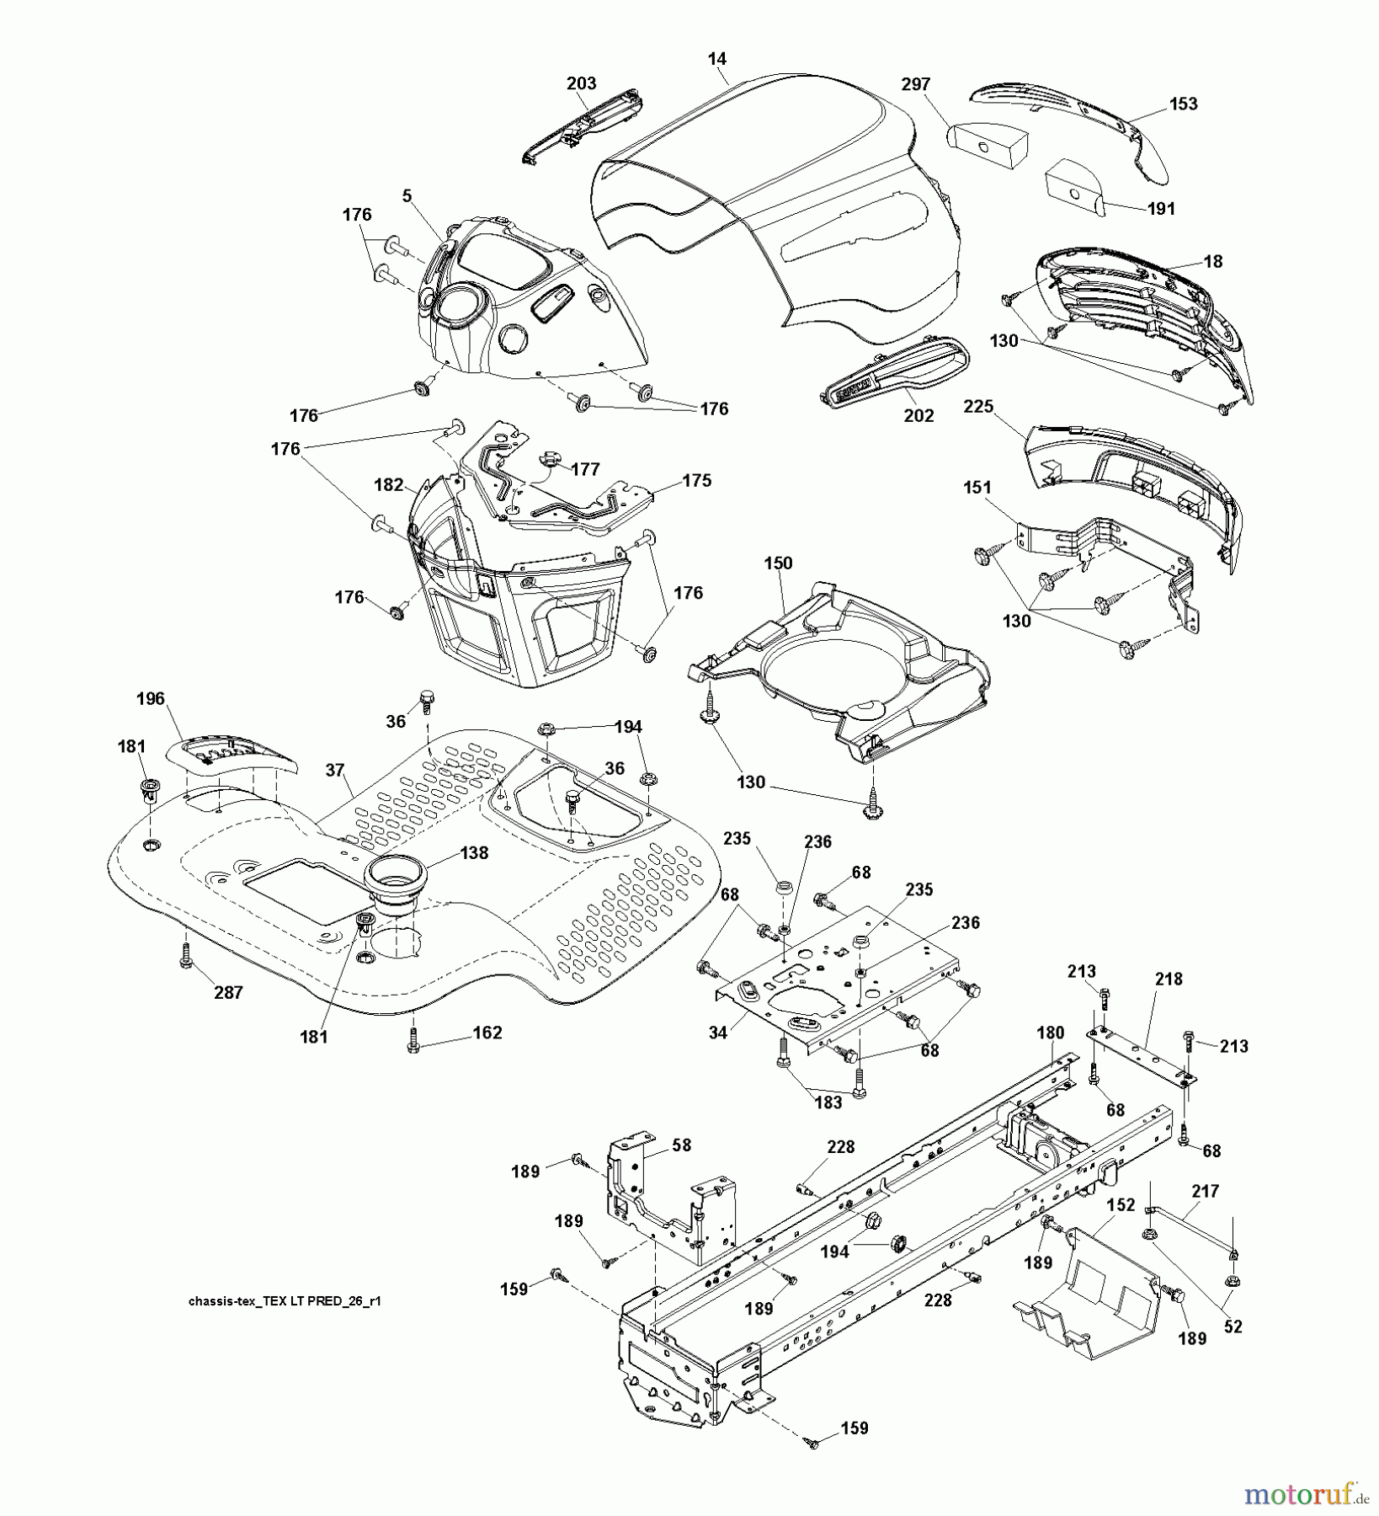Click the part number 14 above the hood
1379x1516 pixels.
[x=717, y=59]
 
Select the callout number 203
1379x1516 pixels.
[x=581, y=83]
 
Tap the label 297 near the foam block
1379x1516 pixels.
[x=916, y=84]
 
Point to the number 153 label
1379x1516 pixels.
[x=1183, y=104]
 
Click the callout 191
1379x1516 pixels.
[x=1161, y=209]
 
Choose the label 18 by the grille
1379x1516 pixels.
[x=1212, y=261]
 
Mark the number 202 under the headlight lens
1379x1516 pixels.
[x=918, y=416]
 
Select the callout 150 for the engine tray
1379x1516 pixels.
[x=778, y=563]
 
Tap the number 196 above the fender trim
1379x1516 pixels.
[x=151, y=698]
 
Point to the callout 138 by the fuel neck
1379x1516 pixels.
[x=473, y=852]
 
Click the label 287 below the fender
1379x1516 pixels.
[x=228, y=993]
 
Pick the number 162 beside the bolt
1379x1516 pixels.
[x=487, y=1033]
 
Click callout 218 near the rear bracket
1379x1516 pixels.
[x=1169, y=979]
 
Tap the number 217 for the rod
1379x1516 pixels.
[x=1205, y=1192]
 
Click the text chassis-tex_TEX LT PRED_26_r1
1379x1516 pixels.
[x=285, y=1301]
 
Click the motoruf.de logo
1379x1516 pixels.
[x=1307, y=1494]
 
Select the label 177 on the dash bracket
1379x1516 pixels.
[x=584, y=469]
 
